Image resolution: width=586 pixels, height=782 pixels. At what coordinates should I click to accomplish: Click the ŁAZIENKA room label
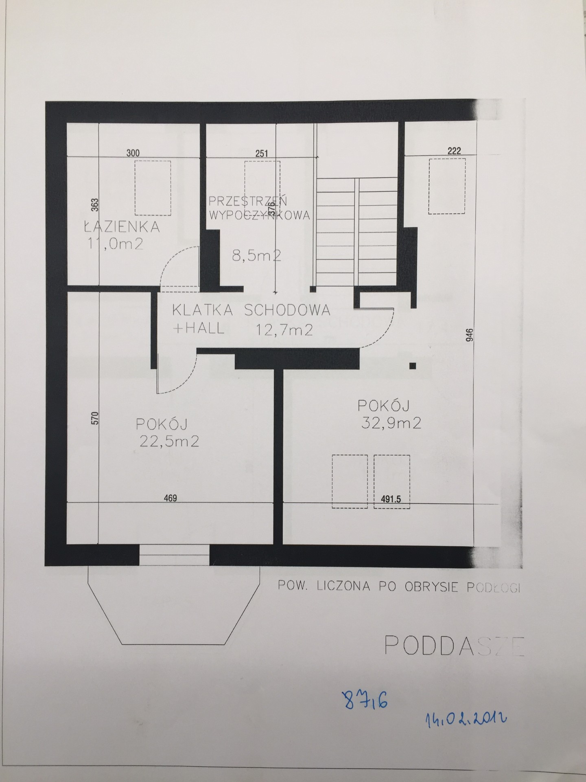click(x=122, y=226)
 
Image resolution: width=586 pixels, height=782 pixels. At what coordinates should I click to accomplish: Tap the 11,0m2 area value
click(x=115, y=244)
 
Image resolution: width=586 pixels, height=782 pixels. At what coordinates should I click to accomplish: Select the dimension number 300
click(x=133, y=153)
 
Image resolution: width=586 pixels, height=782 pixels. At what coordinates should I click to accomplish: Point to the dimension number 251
click(x=262, y=154)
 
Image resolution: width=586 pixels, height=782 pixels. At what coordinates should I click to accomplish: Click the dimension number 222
click(x=454, y=151)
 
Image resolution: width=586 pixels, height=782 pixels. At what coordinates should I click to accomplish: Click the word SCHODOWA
click(x=287, y=310)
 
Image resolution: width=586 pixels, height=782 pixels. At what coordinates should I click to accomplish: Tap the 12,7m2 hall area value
click(x=284, y=330)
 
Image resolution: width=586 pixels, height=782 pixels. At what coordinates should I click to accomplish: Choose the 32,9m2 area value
click(x=391, y=424)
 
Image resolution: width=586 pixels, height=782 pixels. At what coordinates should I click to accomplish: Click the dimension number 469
click(x=170, y=498)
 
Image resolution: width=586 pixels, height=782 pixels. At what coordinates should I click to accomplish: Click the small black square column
click(x=413, y=365)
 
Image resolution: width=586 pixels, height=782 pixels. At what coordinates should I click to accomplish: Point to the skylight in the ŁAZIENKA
click(x=153, y=188)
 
